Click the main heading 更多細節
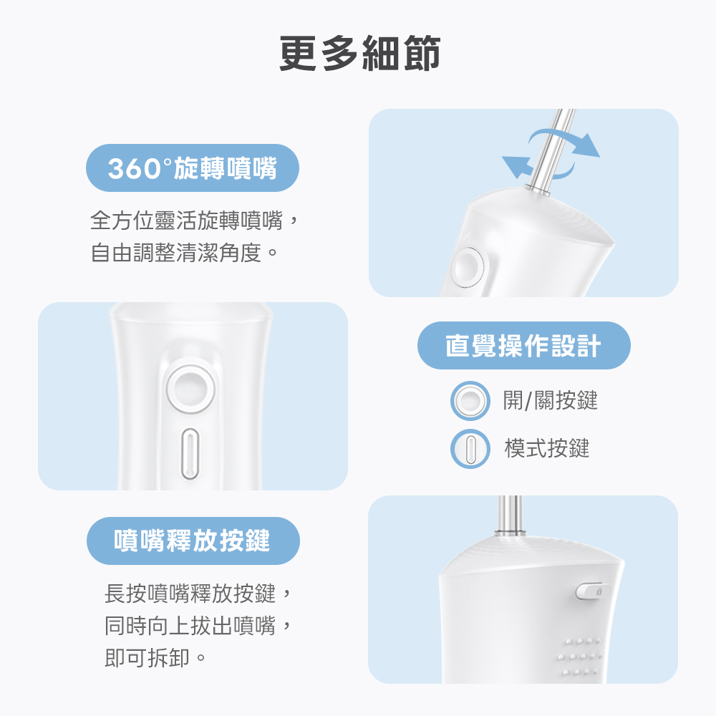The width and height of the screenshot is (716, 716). coord(360,54)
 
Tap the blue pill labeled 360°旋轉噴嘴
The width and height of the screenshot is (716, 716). coord(193,168)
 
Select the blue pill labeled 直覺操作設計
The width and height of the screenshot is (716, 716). coord(524,345)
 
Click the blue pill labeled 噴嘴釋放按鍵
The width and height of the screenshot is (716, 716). coord(193,541)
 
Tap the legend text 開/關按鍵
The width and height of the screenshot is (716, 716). coord(550,400)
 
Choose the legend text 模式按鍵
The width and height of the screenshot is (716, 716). coord(546,448)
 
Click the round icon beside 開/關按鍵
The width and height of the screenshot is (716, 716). coord(470,401)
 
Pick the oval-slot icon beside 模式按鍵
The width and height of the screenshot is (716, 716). coord(470,448)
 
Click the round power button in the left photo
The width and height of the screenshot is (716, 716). coord(190,389)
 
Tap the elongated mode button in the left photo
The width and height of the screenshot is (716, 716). coord(190,453)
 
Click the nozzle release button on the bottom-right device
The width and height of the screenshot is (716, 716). coord(591,591)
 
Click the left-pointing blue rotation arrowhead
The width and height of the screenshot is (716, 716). coord(517,167)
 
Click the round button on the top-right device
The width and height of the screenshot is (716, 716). coord(468,268)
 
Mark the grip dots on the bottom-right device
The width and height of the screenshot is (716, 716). coord(580,657)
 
